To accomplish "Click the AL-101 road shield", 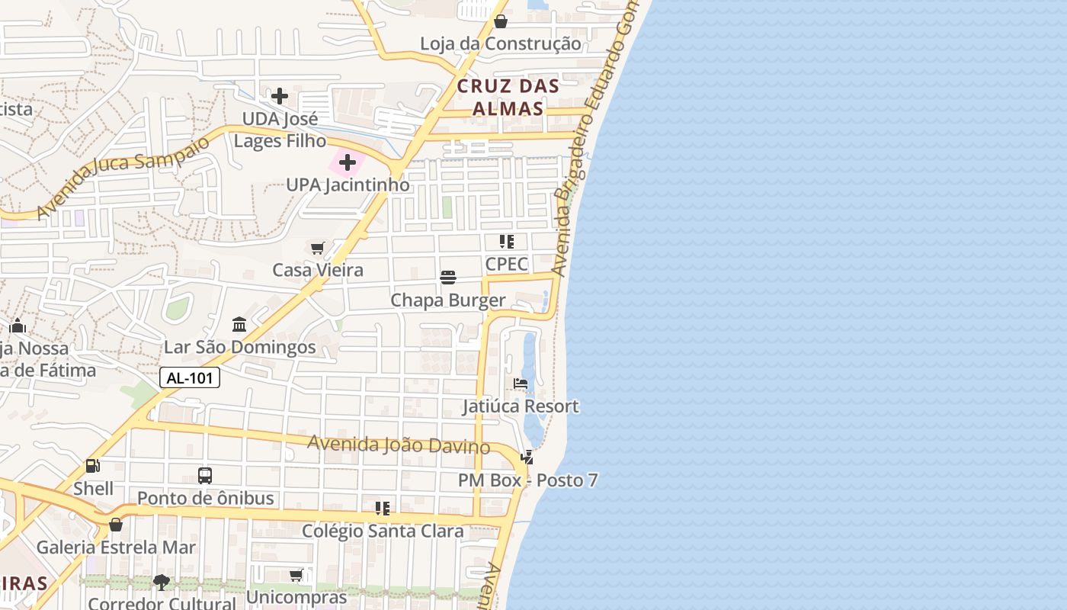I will (190, 377).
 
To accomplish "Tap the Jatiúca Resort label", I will (521, 406).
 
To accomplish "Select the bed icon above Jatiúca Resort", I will (521, 383).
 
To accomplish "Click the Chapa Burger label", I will (448, 300).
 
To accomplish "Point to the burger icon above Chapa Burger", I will (448, 277).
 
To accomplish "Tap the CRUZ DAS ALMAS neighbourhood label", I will (508, 97).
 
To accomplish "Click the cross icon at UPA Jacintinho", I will (348, 162).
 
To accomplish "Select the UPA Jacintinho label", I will (348, 185).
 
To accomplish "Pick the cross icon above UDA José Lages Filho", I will (280, 96).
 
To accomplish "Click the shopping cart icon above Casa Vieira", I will (318, 247).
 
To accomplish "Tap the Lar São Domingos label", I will (240, 348).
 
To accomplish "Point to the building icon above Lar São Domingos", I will (239, 324).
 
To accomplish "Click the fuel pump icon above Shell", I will (93, 465).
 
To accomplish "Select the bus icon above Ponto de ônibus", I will (205, 476).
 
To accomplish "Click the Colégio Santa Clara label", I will (383, 531).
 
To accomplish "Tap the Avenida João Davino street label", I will (398, 445).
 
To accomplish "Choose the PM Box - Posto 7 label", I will (527, 481).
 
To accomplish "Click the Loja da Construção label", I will (501, 44).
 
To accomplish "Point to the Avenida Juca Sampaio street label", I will (122, 178).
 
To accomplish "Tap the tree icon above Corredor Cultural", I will (161, 583).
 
